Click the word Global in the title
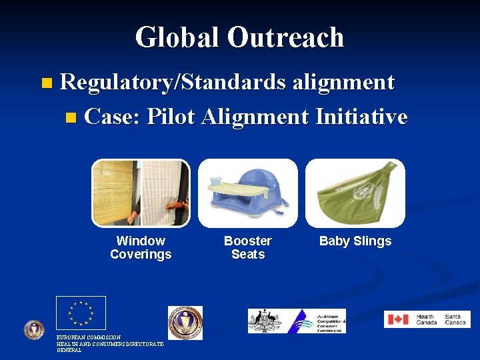(x=177, y=37)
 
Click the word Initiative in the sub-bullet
(x=361, y=117)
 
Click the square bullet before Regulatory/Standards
(x=45, y=84)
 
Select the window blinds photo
(x=141, y=193)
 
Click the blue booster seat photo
(x=248, y=193)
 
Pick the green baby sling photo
(x=355, y=193)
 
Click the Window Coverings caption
(x=141, y=247)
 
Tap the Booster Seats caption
(x=248, y=247)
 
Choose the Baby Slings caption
(x=355, y=241)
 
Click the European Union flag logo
(x=81, y=313)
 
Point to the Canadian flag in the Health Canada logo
(x=398, y=319)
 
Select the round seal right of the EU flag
(x=185, y=323)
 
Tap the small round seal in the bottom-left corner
(x=34, y=330)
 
